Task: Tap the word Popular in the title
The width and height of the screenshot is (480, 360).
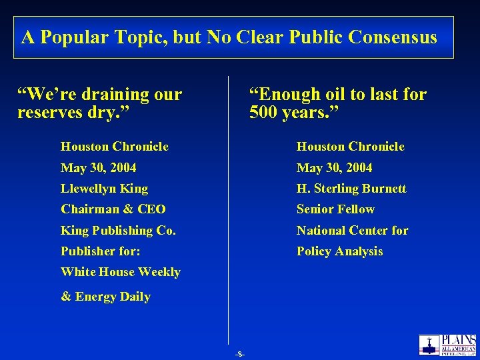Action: point(70,37)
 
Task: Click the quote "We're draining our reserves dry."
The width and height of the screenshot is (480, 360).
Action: point(99,103)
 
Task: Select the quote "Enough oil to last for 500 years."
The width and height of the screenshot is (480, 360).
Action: point(337,103)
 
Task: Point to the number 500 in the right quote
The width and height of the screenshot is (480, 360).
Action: point(264,112)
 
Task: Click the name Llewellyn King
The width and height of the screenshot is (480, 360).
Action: point(105,189)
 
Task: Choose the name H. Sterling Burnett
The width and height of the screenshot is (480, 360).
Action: point(351,189)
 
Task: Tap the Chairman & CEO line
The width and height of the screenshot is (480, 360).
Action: point(113,209)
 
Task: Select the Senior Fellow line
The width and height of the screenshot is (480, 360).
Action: point(335,209)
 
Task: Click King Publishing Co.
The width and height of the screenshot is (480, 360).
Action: point(118,231)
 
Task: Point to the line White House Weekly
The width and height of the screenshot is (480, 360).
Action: point(121,272)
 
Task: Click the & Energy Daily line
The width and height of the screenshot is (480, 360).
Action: point(105,297)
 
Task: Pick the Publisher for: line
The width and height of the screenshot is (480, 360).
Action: point(101,251)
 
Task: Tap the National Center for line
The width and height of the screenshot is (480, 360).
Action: point(352,231)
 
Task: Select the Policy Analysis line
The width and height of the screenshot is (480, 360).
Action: point(339,251)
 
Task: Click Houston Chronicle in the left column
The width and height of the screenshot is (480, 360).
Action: point(115,147)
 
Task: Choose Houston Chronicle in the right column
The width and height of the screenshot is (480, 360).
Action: point(350,147)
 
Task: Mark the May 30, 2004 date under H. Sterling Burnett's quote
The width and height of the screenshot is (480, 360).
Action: point(334,168)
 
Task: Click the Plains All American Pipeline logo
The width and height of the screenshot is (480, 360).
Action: point(447,345)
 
